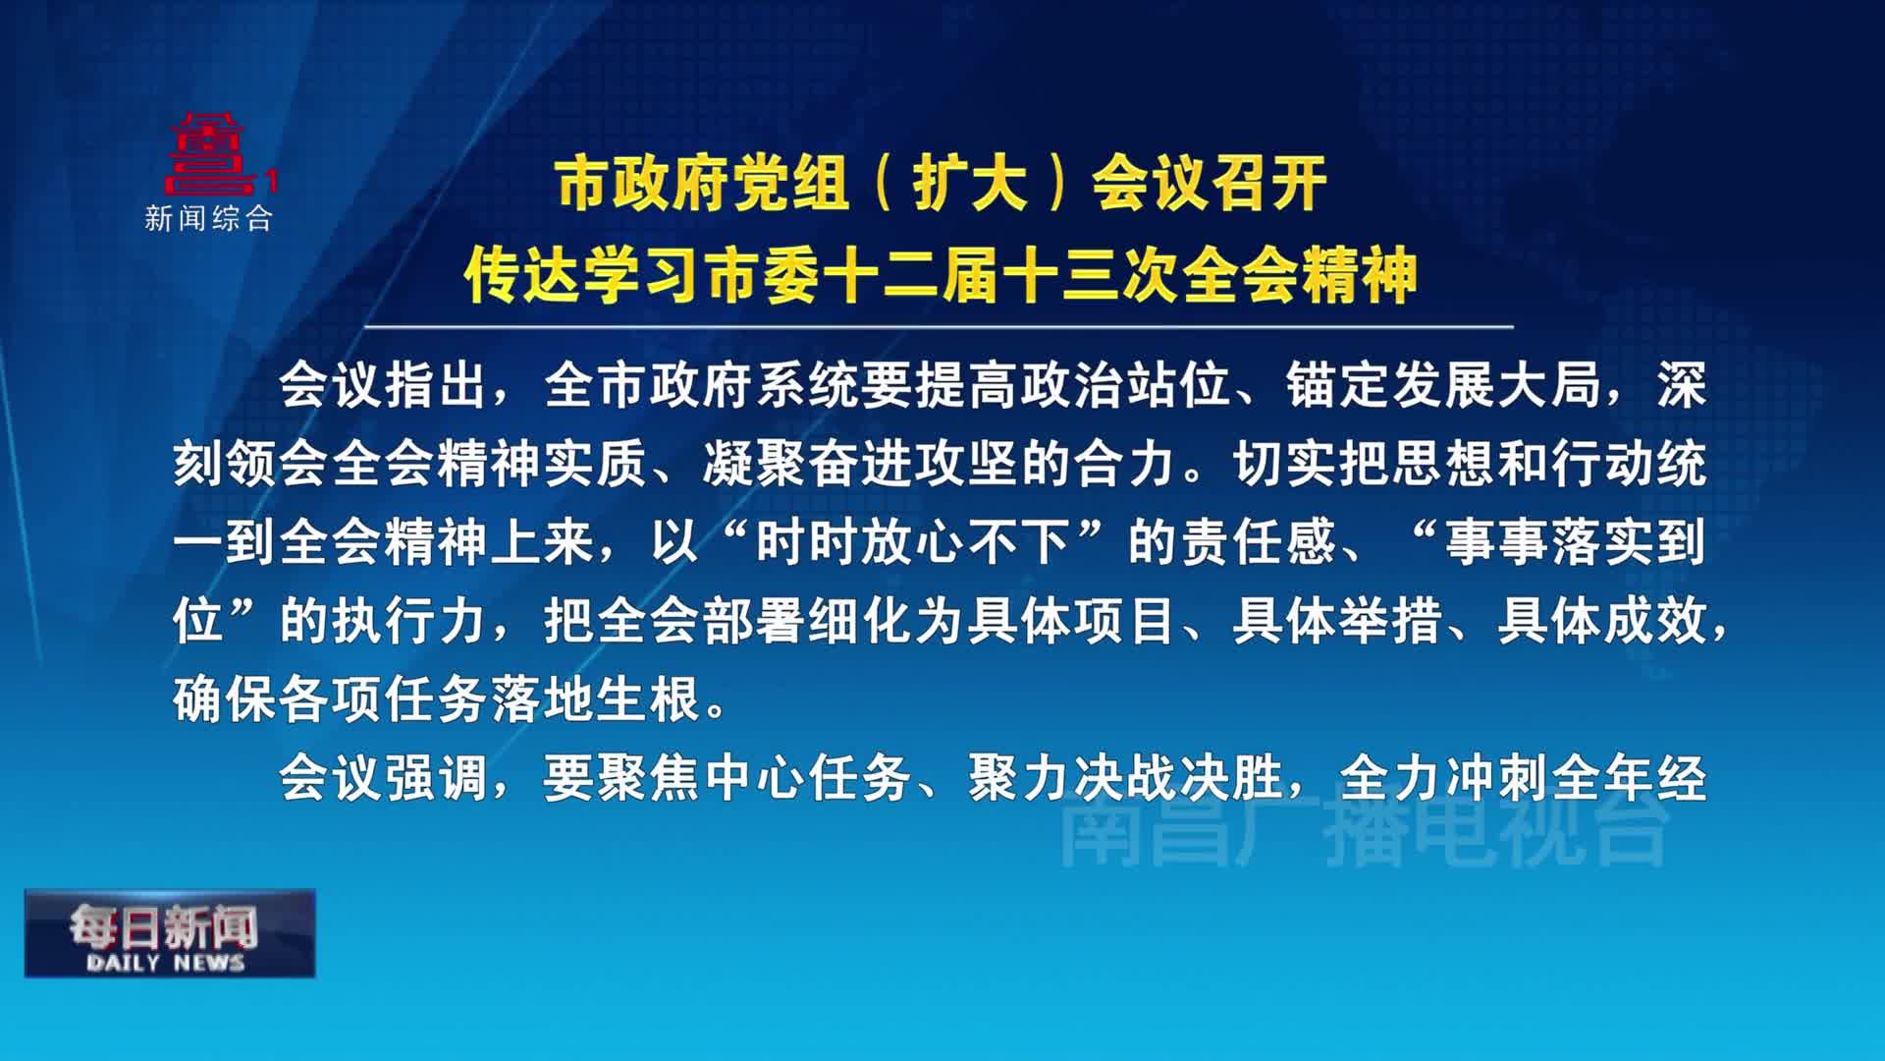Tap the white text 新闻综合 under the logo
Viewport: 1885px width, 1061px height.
[208, 218]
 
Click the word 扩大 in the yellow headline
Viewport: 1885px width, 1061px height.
[970, 184]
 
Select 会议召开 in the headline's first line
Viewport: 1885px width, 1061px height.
[1210, 184]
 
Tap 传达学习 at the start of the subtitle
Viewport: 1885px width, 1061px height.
[583, 274]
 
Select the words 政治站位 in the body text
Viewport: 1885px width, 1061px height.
[1125, 384]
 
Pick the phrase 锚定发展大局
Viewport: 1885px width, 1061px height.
[1444, 384]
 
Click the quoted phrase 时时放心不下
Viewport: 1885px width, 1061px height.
[912, 541]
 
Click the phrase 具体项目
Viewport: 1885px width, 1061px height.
[1071, 620]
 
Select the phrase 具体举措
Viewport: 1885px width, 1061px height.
[1337, 620]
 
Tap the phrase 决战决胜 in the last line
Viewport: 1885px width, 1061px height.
[1178, 779]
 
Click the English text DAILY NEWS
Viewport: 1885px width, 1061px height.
[166, 963]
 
